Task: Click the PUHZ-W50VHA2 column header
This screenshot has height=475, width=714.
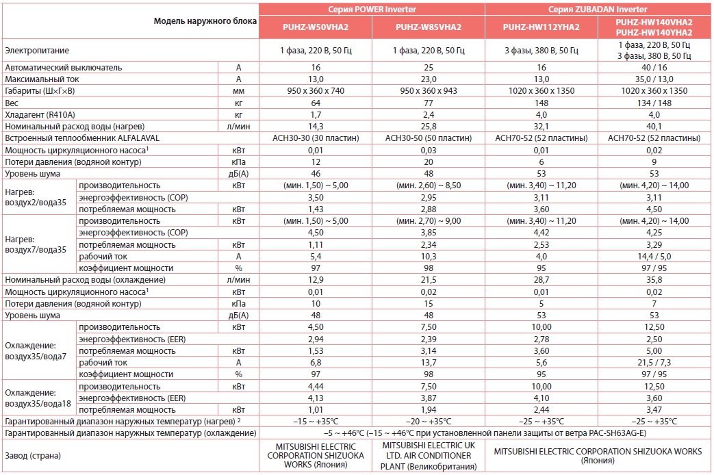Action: pyautogui.click(x=315, y=27)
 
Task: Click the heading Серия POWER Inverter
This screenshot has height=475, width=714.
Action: pyautogui.click(x=372, y=8)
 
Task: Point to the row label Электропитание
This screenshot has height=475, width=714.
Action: pyautogui.click(x=37, y=51)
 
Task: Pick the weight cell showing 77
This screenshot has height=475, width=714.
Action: pyautogui.click(x=428, y=103)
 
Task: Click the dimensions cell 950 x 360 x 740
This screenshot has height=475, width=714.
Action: pyautogui.click(x=315, y=91)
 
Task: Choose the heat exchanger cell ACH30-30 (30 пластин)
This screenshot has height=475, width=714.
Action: pyautogui.click(x=315, y=138)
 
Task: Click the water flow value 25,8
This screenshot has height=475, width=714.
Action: pyautogui.click(x=428, y=126)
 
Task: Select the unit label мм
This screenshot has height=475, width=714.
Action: pyautogui.click(x=238, y=91)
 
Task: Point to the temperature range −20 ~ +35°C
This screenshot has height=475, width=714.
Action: pyautogui.click(x=428, y=421)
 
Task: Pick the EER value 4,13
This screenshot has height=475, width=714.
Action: pyautogui.click(x=315, y=398)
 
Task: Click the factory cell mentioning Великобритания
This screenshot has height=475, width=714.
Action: pyautogui.click(x=428, y=455)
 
